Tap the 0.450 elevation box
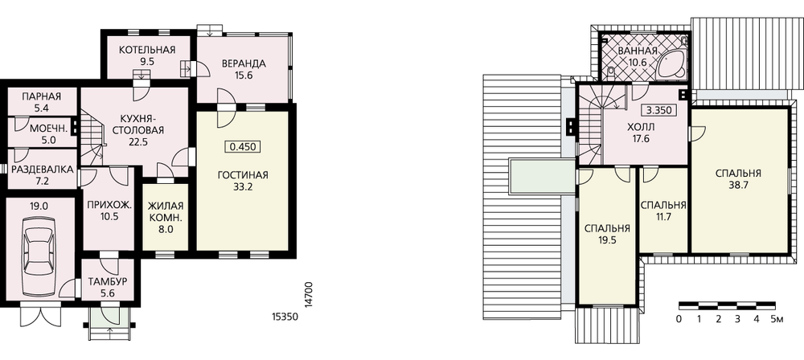point(243,147)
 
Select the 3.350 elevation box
point(657,110)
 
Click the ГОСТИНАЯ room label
point(243,176)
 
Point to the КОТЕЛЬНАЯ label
point(147,50)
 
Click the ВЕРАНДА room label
point(244,64)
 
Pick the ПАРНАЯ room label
point(42,96)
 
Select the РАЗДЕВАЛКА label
point(43,170)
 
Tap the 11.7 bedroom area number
point(663,216)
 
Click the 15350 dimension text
point(285,317)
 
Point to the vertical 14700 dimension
point(308,294)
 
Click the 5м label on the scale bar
point(777,320)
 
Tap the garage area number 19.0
point(39,207)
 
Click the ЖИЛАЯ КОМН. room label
point(165,218)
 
